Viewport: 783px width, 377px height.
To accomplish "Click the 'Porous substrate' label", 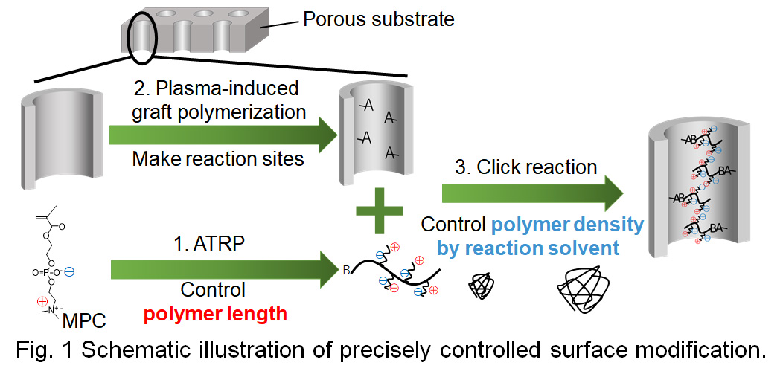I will pos(378,19).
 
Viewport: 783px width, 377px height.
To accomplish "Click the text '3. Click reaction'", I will pos(526,167).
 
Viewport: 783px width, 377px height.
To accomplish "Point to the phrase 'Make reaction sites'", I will pos(217,159).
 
